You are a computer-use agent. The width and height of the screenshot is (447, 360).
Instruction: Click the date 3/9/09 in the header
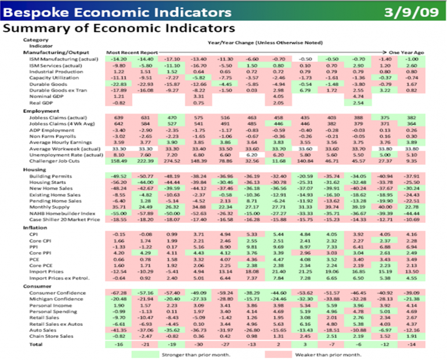coord(411,10)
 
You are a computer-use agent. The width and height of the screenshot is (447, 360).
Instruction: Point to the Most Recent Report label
coord(127,52)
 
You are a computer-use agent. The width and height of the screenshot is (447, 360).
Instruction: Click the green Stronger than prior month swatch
coord(150,354)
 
